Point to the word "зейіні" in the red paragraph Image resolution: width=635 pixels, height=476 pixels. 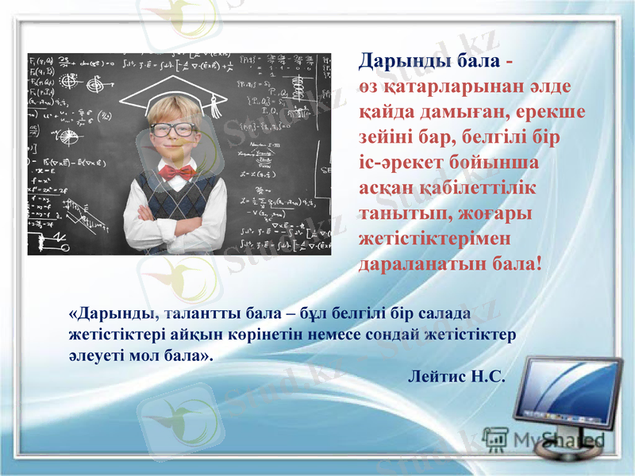point(387,137)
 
